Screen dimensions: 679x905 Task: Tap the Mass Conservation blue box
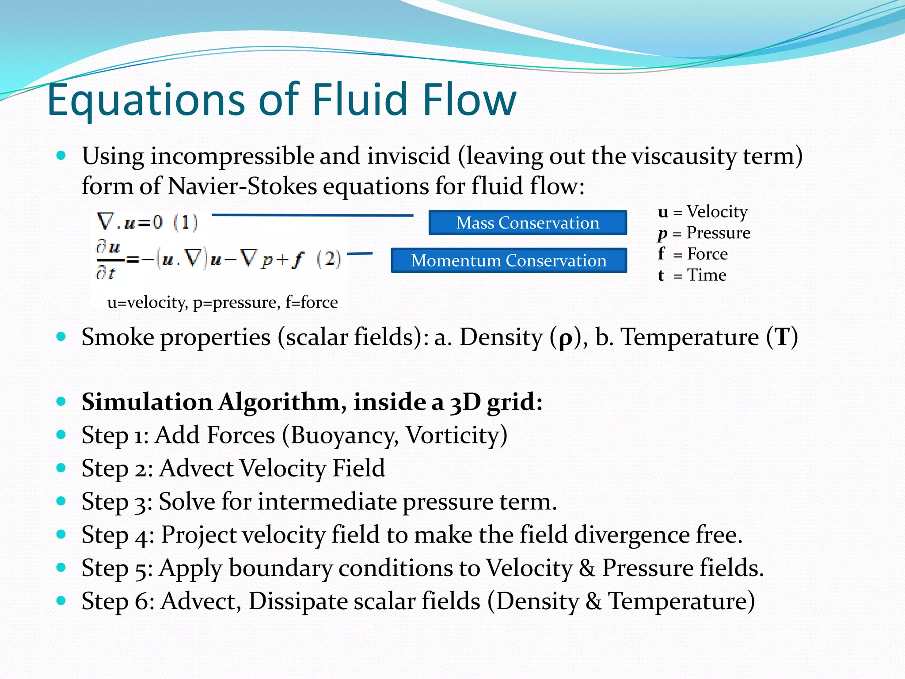point(528,223)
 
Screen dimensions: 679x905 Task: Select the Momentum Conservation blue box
point(509,260)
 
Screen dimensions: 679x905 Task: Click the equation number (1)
point(186,222)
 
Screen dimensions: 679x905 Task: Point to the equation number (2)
point(329,259)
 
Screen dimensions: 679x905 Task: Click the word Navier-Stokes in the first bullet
point(242,186)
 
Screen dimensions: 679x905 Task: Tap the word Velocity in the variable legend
point(717,212)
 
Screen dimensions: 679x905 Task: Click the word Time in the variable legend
point(707,275)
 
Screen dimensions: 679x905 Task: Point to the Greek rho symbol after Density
point(565,339)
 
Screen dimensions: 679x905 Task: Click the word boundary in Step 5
point(280,568)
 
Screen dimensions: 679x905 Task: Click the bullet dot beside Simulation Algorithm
point(61,401)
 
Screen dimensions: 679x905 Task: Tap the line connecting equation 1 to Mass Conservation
point(312,215)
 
